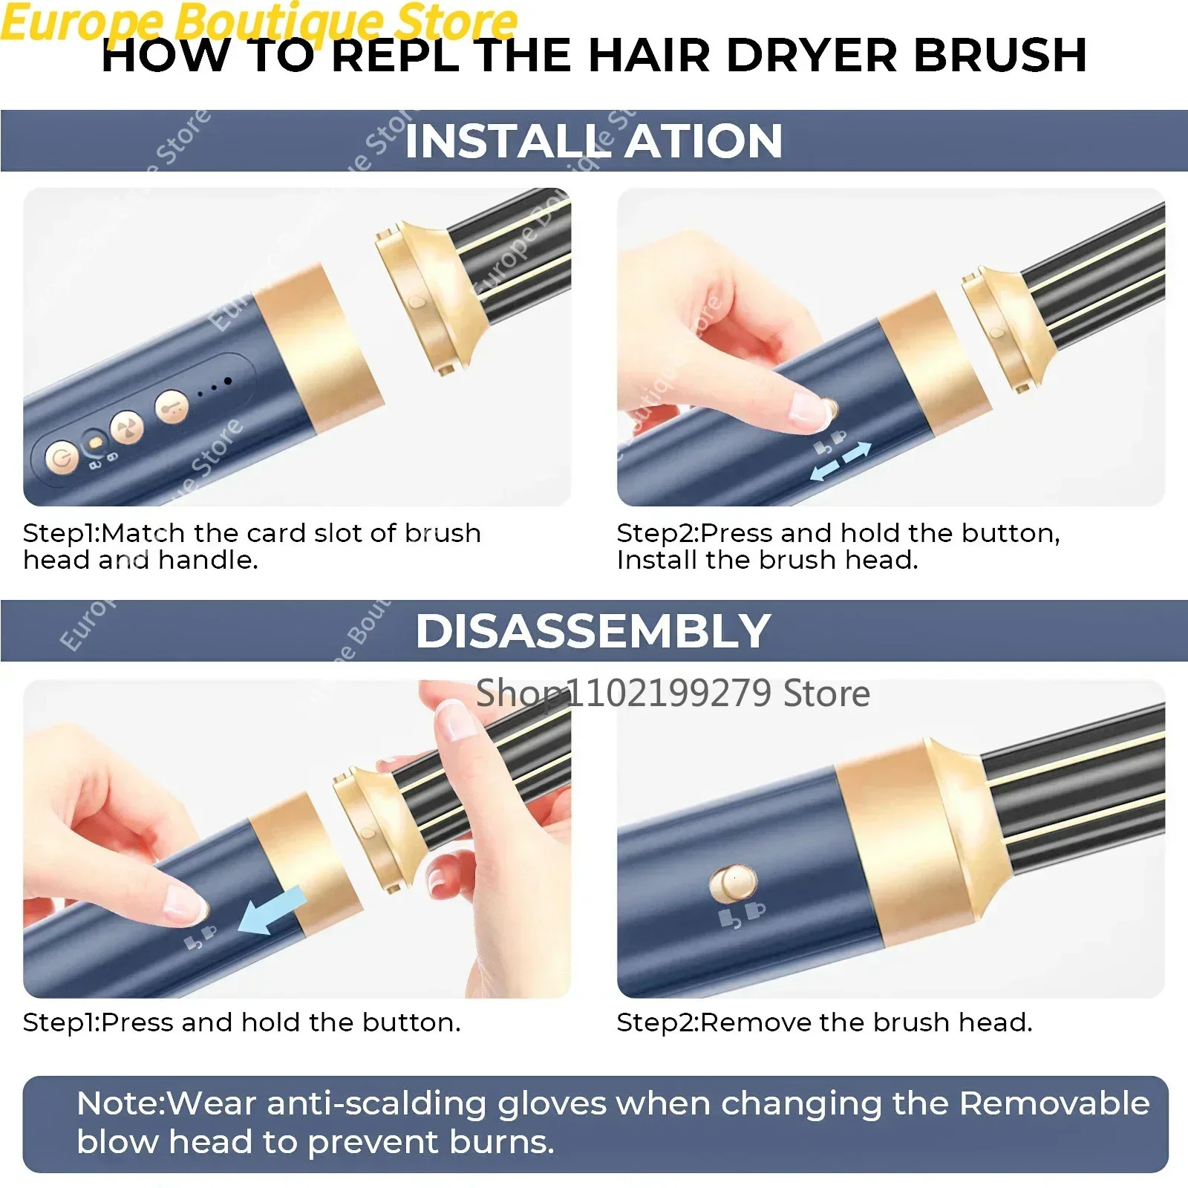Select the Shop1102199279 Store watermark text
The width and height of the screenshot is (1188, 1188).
coord(672,693)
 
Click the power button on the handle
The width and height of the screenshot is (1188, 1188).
coord(61,457)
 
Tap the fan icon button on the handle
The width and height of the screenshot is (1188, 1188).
coord(126,428)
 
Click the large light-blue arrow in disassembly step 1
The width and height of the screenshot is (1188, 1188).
coord(272,910)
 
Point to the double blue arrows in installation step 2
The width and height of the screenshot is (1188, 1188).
coord(841,460)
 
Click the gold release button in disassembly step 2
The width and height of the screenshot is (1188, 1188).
coord(733,883)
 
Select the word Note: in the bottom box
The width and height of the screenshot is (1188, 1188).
coord(120,1103)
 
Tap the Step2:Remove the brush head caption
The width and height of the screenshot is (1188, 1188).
coord(824,1022)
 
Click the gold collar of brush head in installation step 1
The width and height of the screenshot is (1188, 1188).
coord(431,297)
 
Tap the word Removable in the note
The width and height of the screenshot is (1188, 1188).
coord(1054,1103)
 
